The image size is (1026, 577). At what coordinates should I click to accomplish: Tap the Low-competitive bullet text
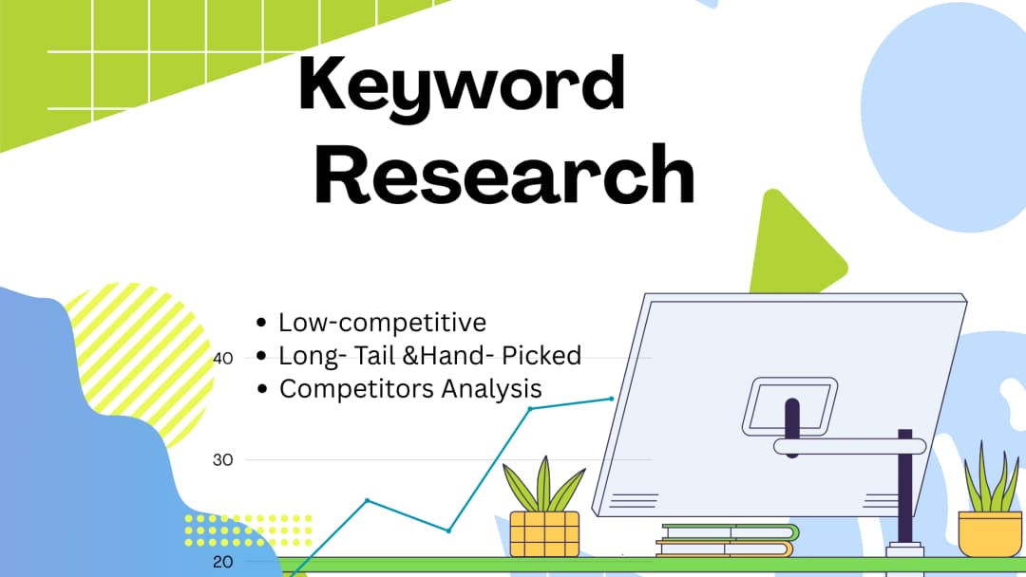[382, 323]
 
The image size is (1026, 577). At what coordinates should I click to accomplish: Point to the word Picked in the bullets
[542, 356]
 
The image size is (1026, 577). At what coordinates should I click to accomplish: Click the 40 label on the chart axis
[223, 359]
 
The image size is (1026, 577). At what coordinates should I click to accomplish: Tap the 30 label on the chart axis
[223, 459]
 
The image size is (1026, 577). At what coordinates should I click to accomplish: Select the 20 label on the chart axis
[223, 561]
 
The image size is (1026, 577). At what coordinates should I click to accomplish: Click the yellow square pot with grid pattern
[544, 533]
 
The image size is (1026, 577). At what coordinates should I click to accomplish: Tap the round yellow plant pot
[989, 532]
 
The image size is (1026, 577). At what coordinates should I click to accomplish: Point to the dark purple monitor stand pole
[904, 493]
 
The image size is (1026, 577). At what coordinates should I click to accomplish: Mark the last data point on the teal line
[613, 399]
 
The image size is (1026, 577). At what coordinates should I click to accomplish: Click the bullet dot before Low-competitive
[262, 324]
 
